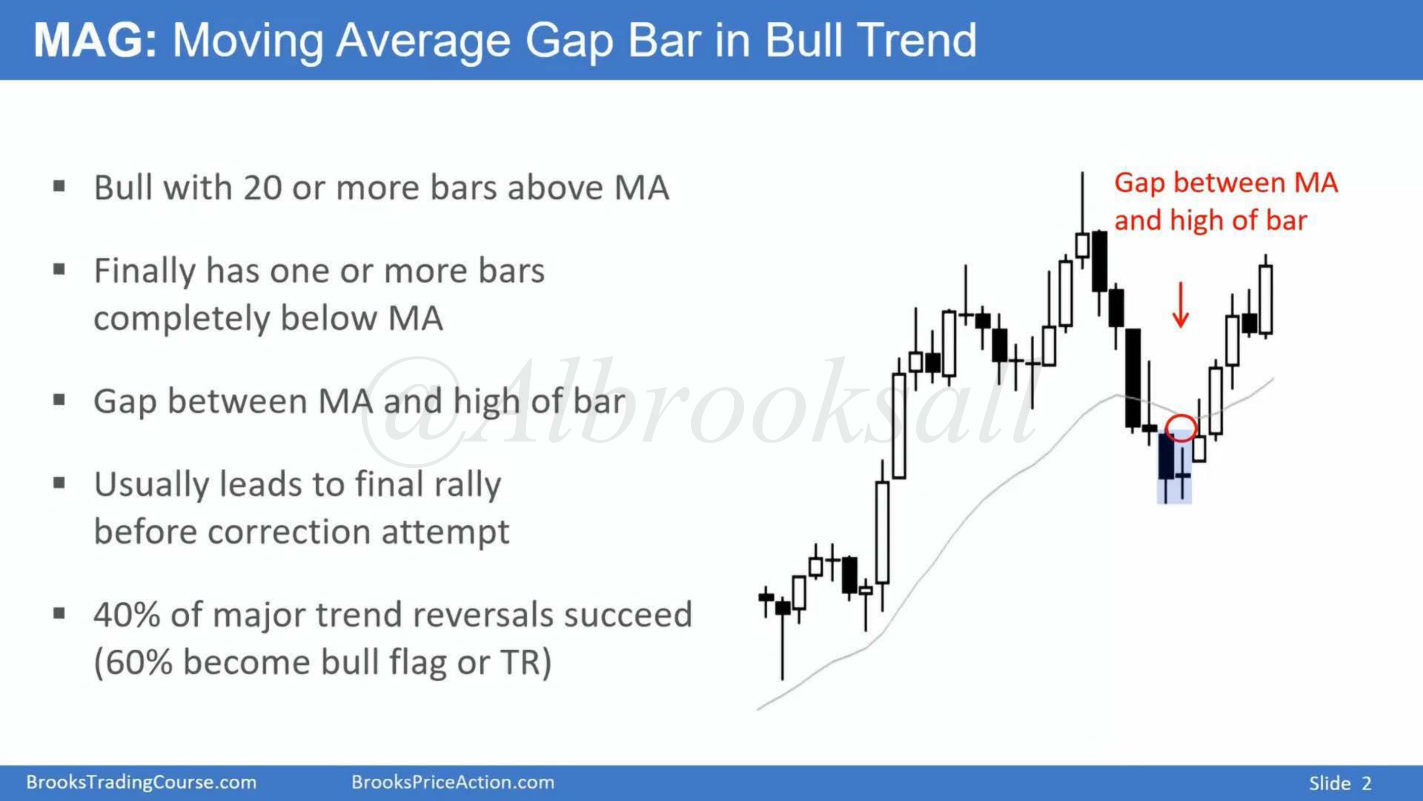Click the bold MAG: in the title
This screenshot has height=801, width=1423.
click(x=95, y=41)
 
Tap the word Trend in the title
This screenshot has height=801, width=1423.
click(x=917, y=41)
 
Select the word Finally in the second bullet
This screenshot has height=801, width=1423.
click(x=145, y=272)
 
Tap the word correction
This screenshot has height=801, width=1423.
click(x=287, y=532)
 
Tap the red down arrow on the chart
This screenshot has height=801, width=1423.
click(x=1180, y=305)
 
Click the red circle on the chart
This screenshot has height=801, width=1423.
click(x=1181, y=416)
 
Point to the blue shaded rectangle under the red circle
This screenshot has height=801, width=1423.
click(x=1174, y=468)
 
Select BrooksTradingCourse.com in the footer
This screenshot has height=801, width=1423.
click(x=141, y=782)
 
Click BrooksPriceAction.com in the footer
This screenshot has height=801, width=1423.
click(x=453, y=782)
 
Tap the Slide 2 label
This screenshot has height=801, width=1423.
click(x=1340, y=783)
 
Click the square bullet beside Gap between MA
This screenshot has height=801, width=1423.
click(x=59, y=400)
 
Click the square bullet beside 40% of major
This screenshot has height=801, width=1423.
click(x=59, y=613)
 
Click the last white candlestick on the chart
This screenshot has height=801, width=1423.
click(x=1266, y=300)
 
